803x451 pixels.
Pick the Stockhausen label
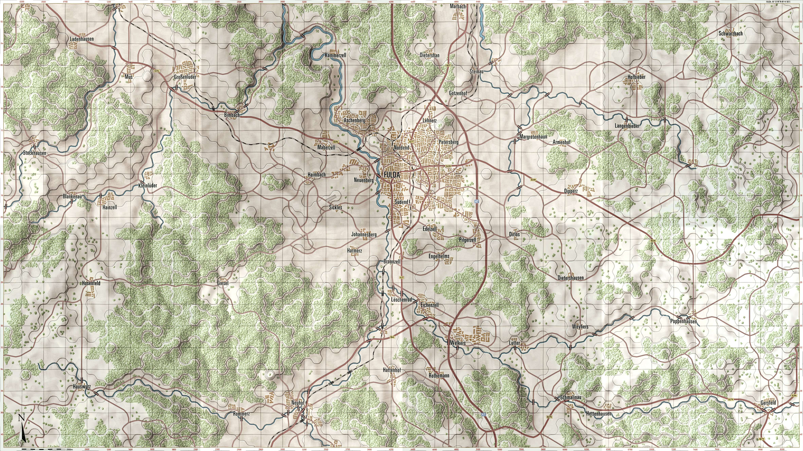coord(35,153)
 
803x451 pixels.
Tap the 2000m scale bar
coord(44,449)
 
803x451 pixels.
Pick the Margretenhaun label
coord(533,137)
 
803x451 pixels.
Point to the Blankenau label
coord(72,197)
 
